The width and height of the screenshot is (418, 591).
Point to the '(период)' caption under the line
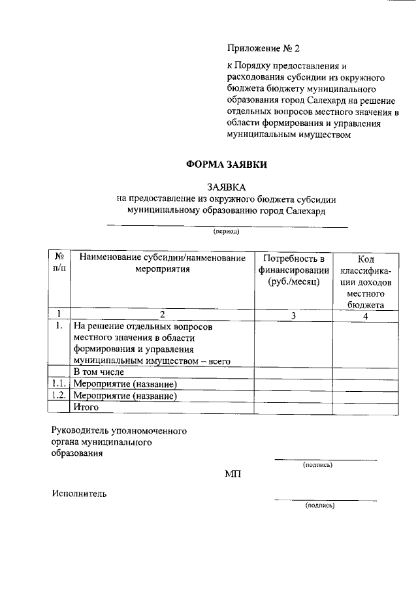tap(227, 232)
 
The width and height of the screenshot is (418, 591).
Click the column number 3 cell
tap(293, 315)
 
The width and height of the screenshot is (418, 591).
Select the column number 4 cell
tap(365, 315)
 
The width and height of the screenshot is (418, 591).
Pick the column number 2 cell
tap(162, 315)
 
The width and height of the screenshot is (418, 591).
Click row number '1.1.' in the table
tap(59, 383)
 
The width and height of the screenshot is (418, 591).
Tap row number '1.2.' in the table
tap(59, 395)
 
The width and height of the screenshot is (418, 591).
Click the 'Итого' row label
tap(86, 407)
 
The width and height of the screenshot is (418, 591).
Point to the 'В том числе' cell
tap(99, 372)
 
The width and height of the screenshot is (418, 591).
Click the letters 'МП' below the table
tap(233, 473)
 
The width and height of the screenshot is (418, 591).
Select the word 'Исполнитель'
tap(80, 494)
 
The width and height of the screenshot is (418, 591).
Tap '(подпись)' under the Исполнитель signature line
tap(320, 505)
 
